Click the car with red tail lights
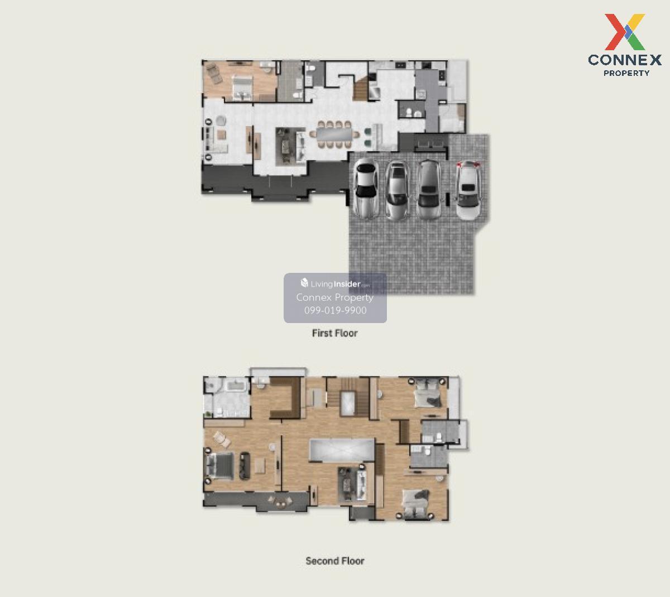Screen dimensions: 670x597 coord(468,190)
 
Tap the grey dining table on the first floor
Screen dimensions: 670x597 coord(334,134)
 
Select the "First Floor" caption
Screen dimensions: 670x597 coord(334,333)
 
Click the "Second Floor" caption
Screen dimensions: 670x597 coord(334,561)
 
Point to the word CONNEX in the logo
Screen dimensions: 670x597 coord(625,60)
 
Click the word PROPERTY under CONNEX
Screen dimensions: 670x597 coord(626,73)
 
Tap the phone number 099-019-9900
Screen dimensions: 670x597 coord(336,310)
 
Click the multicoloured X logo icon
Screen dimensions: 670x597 coord(625,32)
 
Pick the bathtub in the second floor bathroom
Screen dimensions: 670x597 coord(236,386)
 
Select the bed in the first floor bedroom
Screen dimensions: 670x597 coord(242,87)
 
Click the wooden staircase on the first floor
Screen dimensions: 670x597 coord(361,88)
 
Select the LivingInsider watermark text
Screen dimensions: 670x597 coord(335,283)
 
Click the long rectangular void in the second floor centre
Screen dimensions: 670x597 coord(342,449)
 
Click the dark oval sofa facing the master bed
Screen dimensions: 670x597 coord(245,466)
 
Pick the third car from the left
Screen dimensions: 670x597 coord(429,190)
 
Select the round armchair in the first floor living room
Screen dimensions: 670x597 coord(221,121)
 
